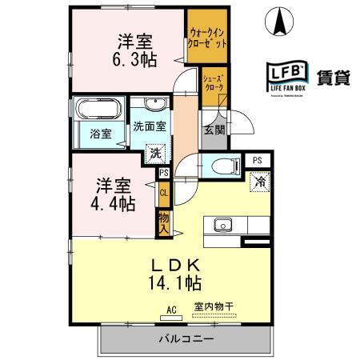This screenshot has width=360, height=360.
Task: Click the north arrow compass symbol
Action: point(280,21)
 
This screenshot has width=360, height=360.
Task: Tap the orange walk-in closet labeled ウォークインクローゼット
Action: point(206,37)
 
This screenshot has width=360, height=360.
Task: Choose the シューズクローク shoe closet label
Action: point(214,83)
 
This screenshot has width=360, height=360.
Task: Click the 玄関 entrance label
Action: point(212,130)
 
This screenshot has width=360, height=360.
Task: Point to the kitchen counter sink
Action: point(222,223)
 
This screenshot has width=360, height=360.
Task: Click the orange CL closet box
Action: point(163,193)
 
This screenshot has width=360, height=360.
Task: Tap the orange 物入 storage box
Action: point(163,222)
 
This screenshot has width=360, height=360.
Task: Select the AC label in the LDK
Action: point(170,308)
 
